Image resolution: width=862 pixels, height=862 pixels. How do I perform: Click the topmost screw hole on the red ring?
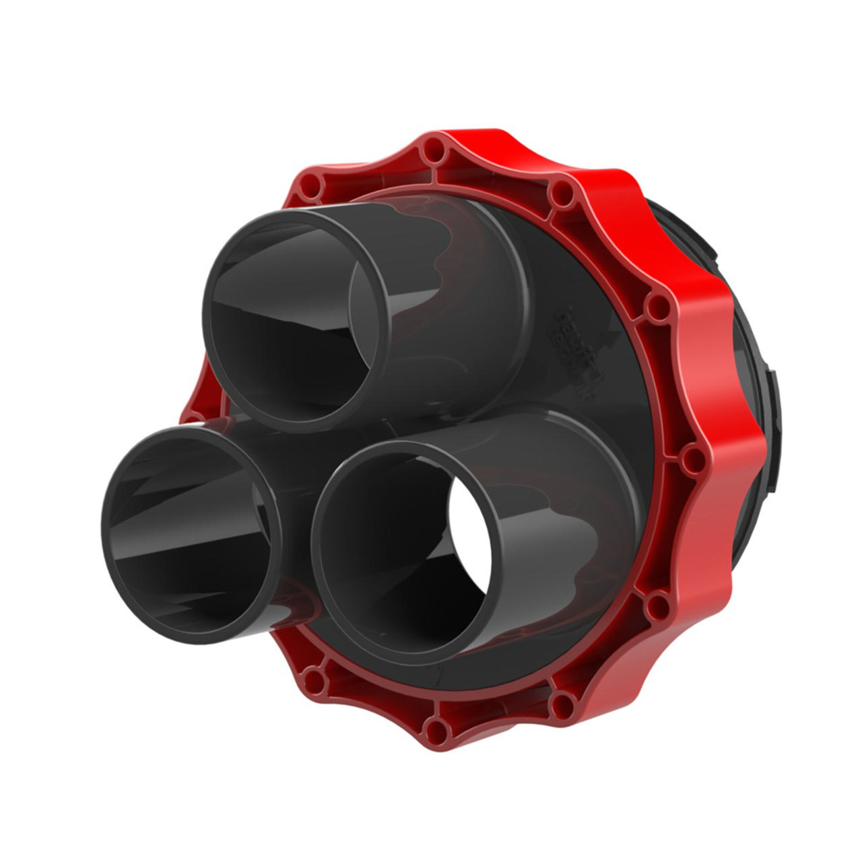432,152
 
